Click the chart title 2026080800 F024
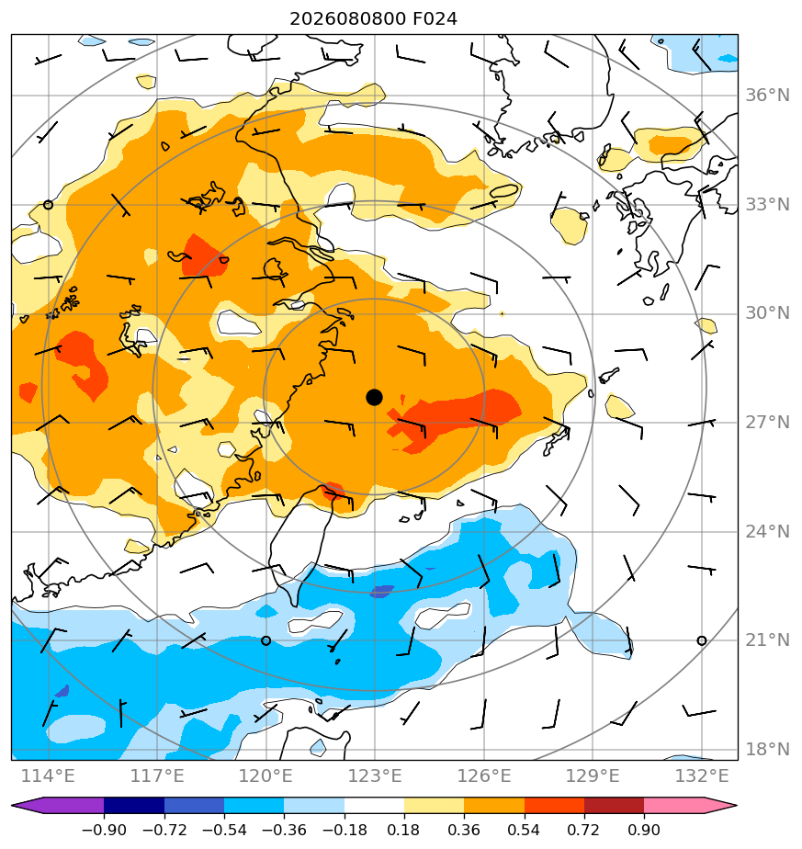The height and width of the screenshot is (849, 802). pyautogui.click(x=373, y=19)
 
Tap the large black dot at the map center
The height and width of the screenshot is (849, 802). pyautogui.click(x=374, y=398)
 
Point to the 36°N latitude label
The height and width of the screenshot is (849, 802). pyautogui.click(x=767, y=96)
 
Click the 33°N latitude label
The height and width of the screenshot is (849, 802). pyautogui.click(x=767, y=205)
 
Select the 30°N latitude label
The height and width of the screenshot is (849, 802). pyautogui.click(x=767, y=313)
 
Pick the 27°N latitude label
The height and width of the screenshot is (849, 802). pyautogui.click(x=767, y=423)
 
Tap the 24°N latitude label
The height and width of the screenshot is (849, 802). pyautogui.click(x=767, y=532)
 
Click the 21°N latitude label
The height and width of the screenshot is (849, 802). pyautogui.click(x=767, y=640)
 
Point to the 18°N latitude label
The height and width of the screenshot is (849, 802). pyautogui.click(x=767, y=750)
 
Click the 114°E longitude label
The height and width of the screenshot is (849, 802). pyautogui.click(x=48, y=776)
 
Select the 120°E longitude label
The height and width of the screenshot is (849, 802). pyautogui.click(x=265, y=776)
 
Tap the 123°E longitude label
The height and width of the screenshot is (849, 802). pyautogui.click(x=375, y=776)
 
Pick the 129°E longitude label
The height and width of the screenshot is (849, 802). pyautogui.click(x=593, y=776)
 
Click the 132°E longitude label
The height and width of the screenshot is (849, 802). pyautogui.click(x=702, y=776)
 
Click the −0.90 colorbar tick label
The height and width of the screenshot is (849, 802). pyautogui.click(x=104, y=830)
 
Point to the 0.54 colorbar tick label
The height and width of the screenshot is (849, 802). pyautogui.click(x=525, y=830)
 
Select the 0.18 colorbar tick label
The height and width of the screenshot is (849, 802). pyautogui.click(x=404, y=830)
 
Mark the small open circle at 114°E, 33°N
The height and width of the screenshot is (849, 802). pyautogui.click(x=48, y=205)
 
